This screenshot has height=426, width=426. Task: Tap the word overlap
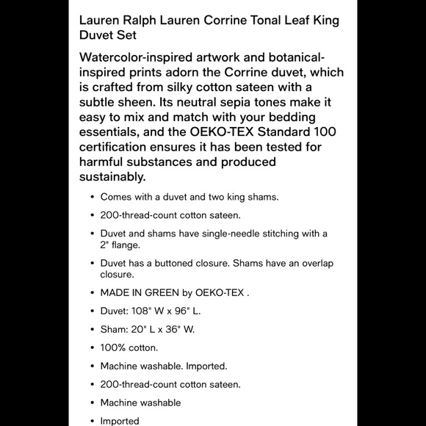(x=319, y=263)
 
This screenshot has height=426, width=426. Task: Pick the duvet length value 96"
(x=184, y=310)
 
